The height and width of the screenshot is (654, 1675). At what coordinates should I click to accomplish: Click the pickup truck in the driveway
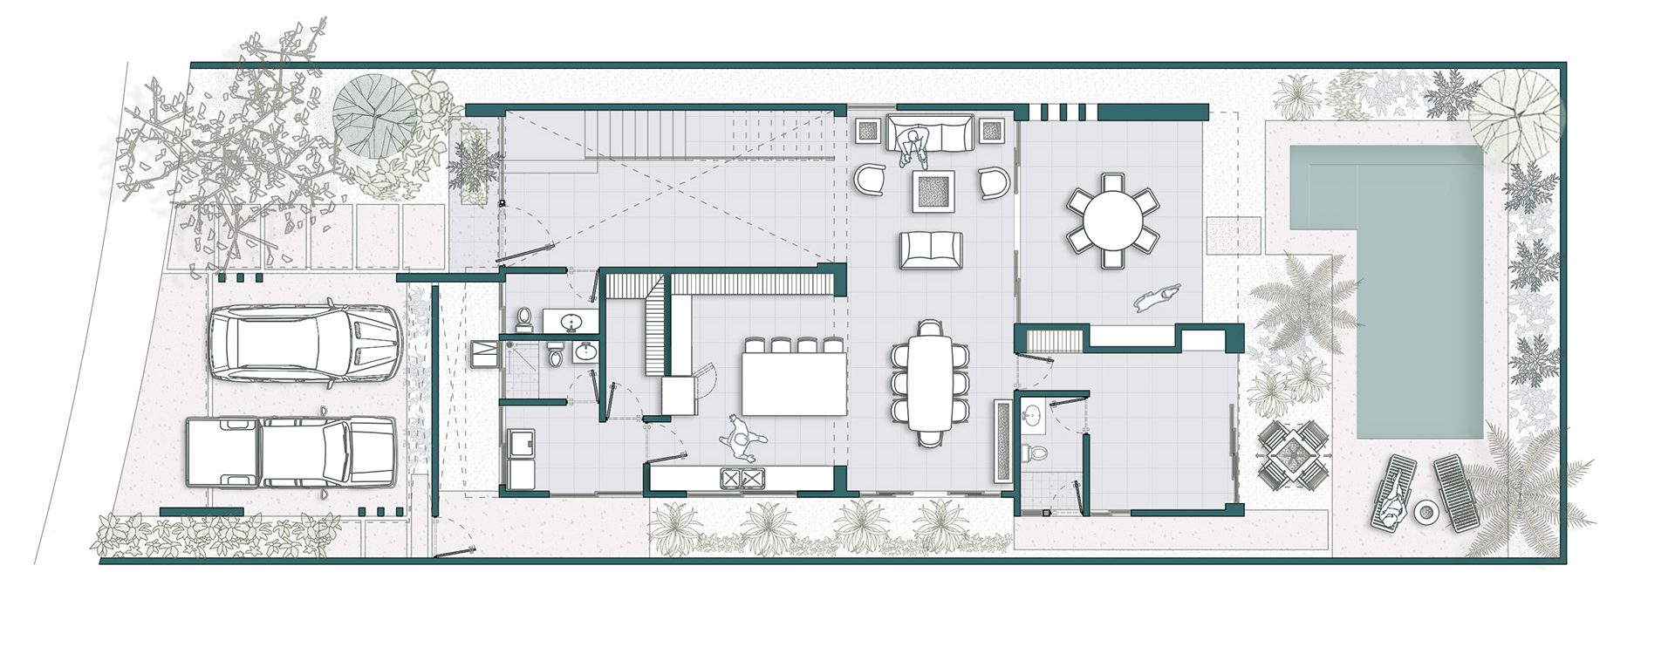coord(291,452)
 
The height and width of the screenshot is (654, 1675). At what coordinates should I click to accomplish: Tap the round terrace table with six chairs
coord(1111,220)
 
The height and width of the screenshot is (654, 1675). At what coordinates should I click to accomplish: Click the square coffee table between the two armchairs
coord(933,190)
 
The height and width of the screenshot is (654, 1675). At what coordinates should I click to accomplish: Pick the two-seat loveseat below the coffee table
coord(931,249)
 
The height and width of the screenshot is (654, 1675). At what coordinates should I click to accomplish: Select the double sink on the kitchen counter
coord(741,477)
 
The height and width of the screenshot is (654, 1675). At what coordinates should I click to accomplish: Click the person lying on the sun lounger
coord(1392,501)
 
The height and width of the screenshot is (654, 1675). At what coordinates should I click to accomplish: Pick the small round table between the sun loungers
coord(1426,514)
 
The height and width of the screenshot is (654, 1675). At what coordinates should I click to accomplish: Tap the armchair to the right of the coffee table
coord(993,182)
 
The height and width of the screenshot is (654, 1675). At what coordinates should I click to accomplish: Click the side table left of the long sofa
coord(868,132)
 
